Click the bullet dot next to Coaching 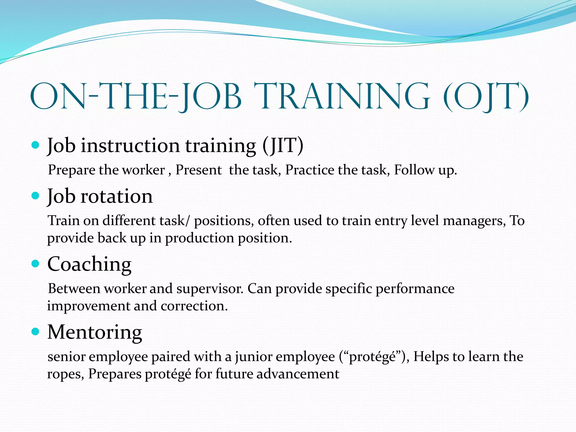[x=35, y=264]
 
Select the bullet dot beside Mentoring [x=35, y=332]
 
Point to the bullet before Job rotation [x=35, y=195]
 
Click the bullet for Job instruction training [x=35, y=145]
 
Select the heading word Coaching [x=89, y=264]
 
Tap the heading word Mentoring [x=94, y=332]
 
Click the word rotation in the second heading [x=116, y=196]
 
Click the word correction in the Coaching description [x=194, y=306]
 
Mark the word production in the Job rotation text [x=199, y=238]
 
